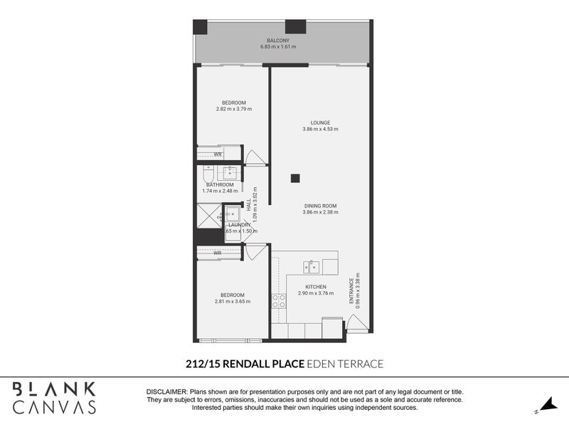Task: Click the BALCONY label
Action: click(277, 40)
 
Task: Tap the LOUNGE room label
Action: click(320, 122)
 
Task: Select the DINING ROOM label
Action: click(320, 206)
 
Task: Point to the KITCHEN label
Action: click(312, 287)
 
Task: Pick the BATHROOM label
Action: click(220, 185)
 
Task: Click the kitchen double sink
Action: click(312, 266)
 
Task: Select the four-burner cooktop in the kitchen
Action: click(277, 301)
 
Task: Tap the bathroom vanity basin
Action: click(230, 172)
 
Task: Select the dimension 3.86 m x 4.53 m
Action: click(320, 130)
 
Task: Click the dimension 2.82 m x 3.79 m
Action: click(233, 110)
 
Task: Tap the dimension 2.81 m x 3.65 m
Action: click(233, 302)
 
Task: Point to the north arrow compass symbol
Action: click(546, 405)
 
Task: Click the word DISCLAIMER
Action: click(166, 392)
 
